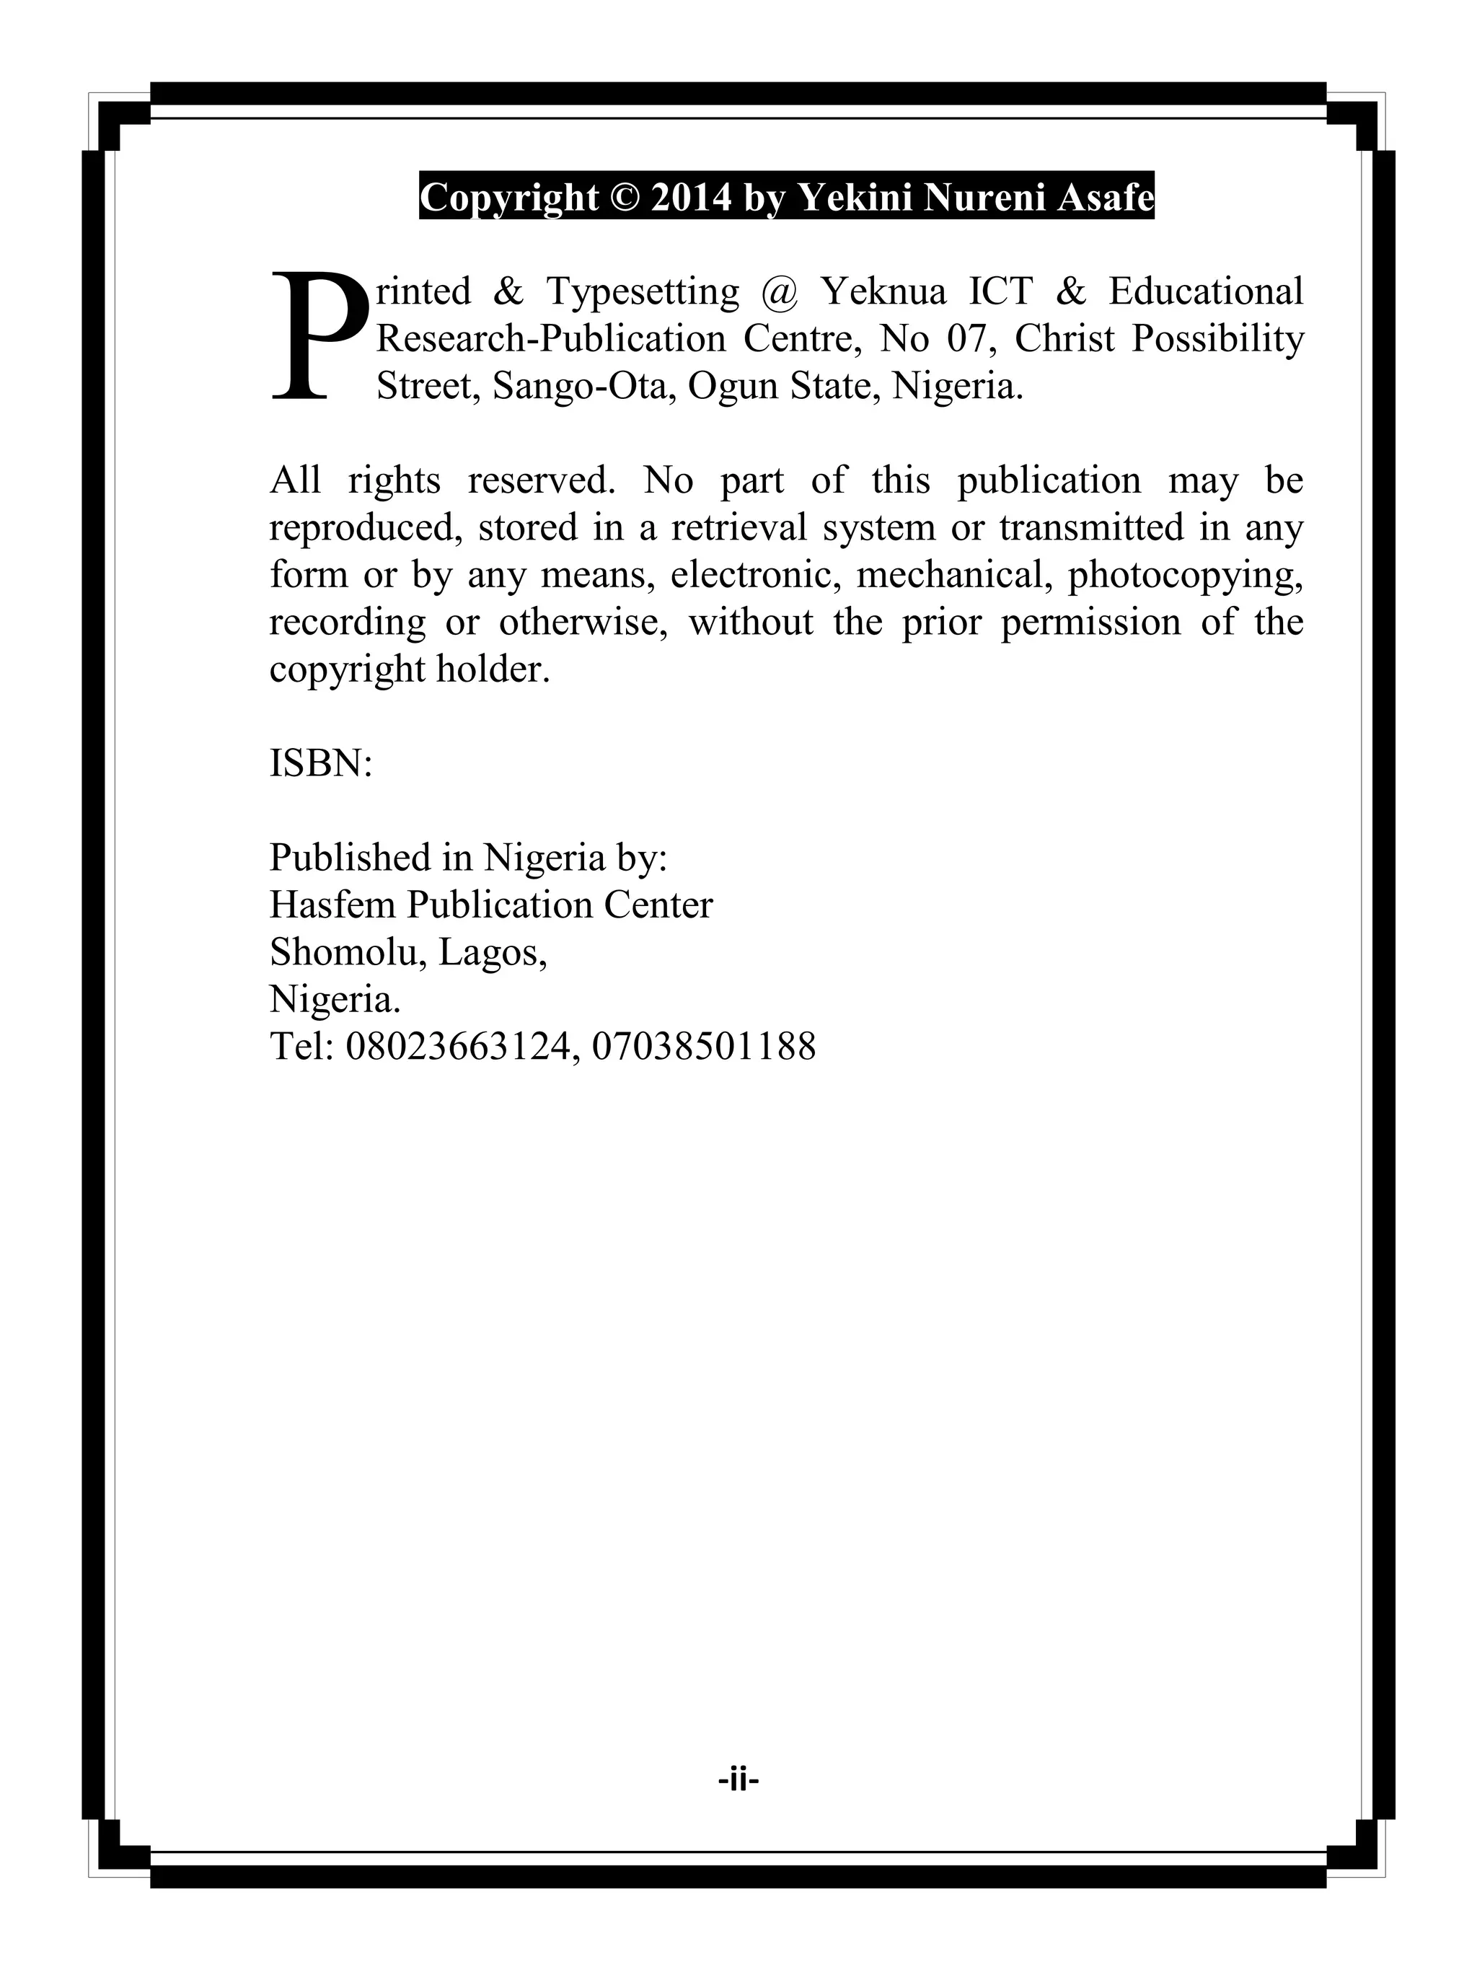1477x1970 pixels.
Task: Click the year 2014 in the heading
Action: [x=691, y=197]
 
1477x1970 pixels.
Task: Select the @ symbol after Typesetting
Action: [x=779, y=291]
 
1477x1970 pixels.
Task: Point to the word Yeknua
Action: [x=881, y=291]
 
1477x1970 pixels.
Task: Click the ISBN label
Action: [x=320, y=763]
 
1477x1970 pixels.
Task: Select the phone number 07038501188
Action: [x=703, y=1047]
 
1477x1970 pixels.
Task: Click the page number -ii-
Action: [x=738, y=1780]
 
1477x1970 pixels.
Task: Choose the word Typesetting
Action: [x=642, y=292]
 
